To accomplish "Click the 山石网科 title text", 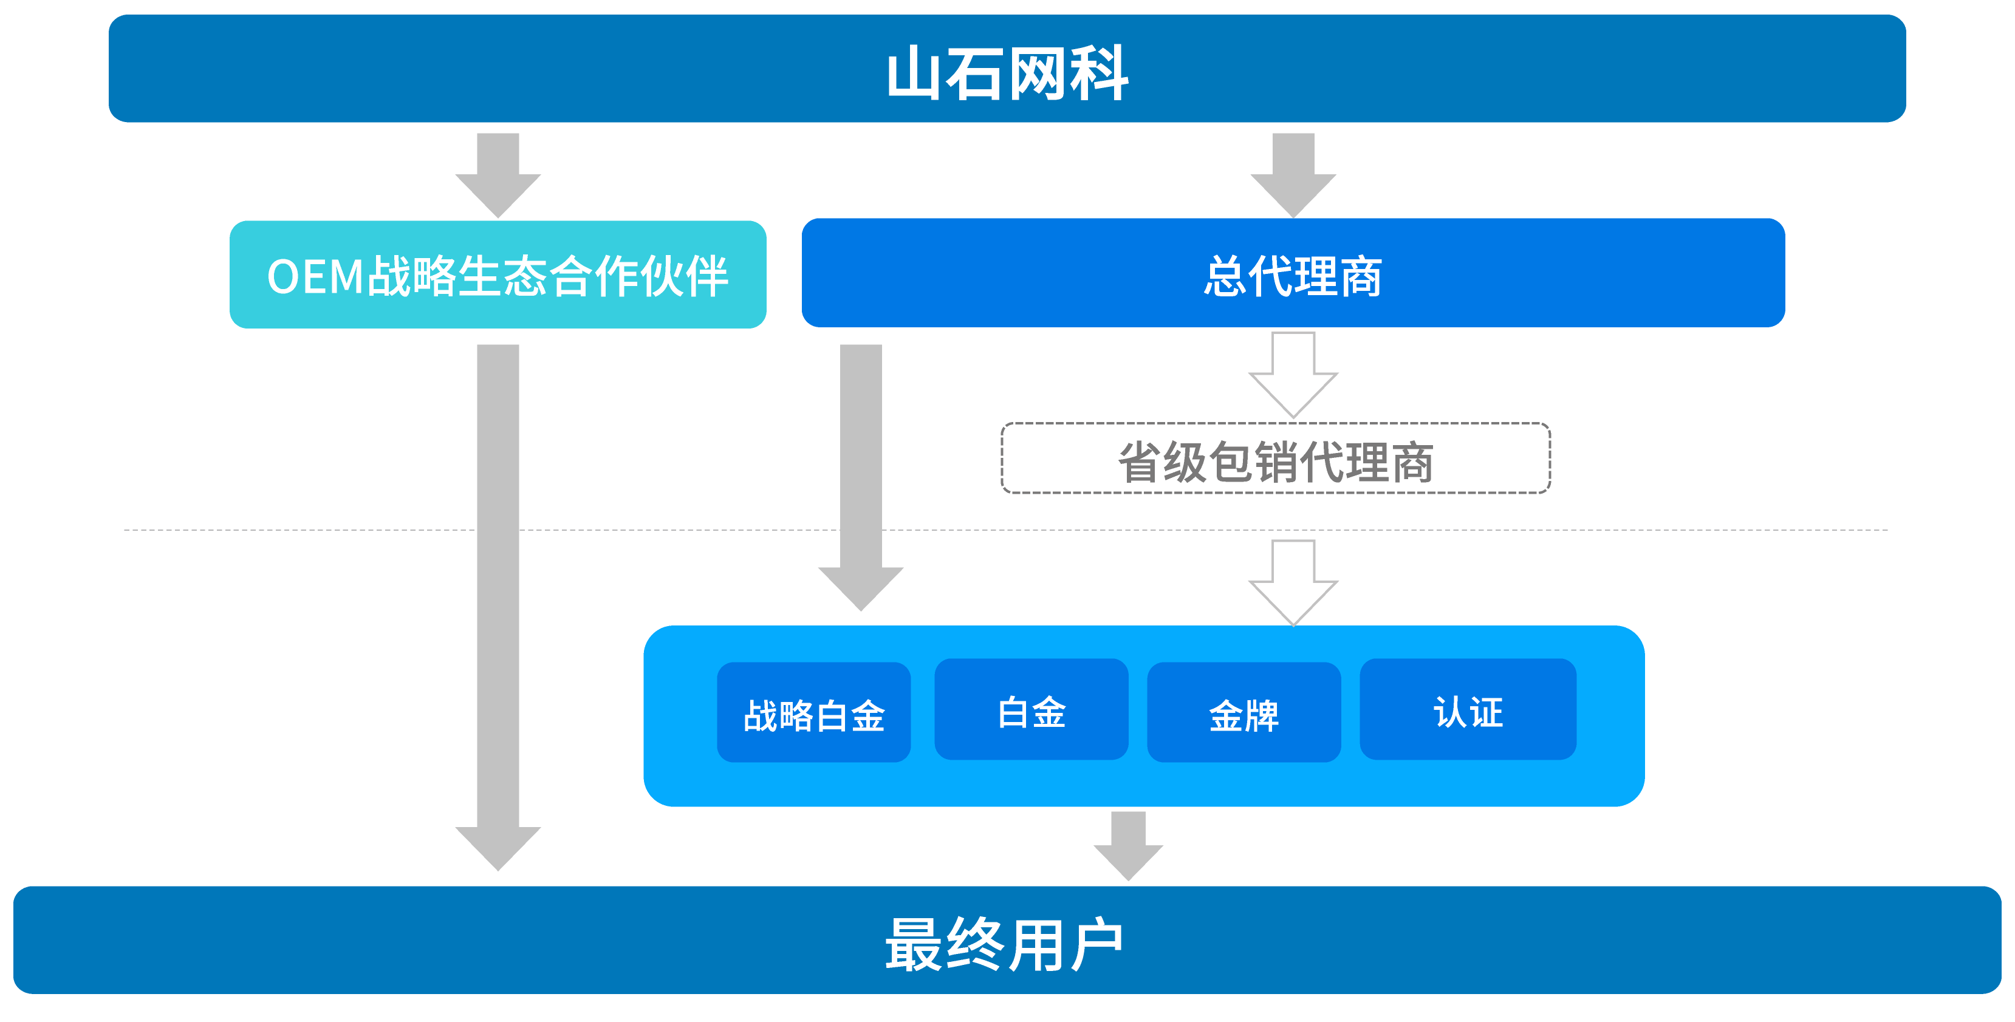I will click(1007, 73).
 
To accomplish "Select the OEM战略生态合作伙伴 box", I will click(498, 274).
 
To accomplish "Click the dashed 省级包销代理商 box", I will click(1275, 459).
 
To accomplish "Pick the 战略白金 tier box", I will click(813, 712).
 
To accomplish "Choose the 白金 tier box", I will click(1031, 709).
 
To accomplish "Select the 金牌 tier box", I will click(1244, 712).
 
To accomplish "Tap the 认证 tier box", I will click(1468, 709).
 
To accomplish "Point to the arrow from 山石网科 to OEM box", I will click(498, 174).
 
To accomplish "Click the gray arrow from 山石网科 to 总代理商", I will click(1293, 174).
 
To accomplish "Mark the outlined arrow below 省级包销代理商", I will click(1293, 581).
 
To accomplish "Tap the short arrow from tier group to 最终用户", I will click(1128, 845).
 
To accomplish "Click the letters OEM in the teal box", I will click(316, 277).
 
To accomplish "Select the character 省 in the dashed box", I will click(1139, 462).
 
